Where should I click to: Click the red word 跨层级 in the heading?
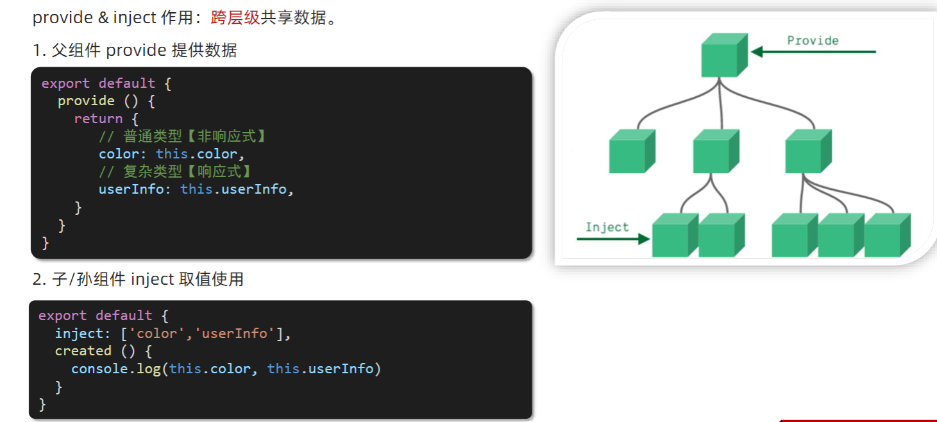point(235,17)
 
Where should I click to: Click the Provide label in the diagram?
point(813,40)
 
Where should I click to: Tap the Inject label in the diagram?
point(607,227)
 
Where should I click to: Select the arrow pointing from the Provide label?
point(813,52)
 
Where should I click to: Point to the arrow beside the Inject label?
point(613,239)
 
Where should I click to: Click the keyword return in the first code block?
point(98,119)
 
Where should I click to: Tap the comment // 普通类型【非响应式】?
point(182,136)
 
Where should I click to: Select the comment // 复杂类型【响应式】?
point(174,171)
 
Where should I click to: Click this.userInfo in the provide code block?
point(233,189)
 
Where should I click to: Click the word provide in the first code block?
point(86,101)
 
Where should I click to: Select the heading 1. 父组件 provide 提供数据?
point(135,50)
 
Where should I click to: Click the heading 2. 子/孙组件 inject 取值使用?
point(138,279)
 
